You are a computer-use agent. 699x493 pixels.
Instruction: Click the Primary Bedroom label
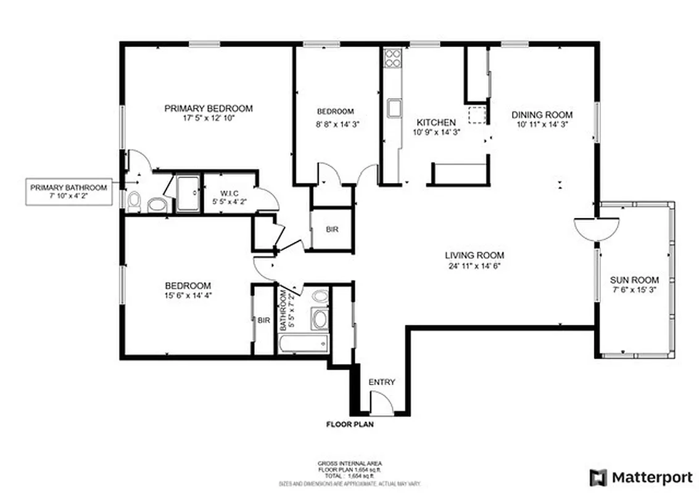point(209,108)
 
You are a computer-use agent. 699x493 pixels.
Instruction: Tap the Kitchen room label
point(436,123)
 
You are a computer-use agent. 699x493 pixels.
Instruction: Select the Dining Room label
point(542,115)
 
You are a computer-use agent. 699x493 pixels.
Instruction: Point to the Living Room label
point(474,255)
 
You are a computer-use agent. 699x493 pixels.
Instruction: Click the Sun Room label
point(634,280)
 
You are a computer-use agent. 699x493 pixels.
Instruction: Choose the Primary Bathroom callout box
point(68,192)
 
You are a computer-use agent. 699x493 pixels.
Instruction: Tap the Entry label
point(381,382)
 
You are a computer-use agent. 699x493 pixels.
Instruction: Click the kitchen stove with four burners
point(392,59)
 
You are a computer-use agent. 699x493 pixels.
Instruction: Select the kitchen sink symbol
point(393,108)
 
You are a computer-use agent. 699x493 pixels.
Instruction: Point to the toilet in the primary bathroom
point(134,201)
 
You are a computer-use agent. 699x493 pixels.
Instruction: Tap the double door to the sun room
point(597,228)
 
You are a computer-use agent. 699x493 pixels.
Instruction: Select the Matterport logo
point(641,477)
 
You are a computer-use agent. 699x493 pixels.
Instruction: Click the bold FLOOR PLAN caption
point(349,424)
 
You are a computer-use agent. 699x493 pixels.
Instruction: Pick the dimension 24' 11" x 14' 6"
point(474,266)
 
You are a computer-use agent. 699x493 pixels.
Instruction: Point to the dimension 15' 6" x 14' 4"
point(188,295)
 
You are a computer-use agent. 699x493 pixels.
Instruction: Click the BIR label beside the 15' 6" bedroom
point(264,320)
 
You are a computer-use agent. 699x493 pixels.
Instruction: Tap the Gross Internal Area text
point(349,463)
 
